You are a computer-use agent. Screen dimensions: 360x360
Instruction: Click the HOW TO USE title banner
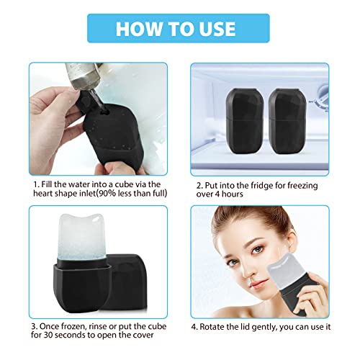[x=176, y=29]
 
